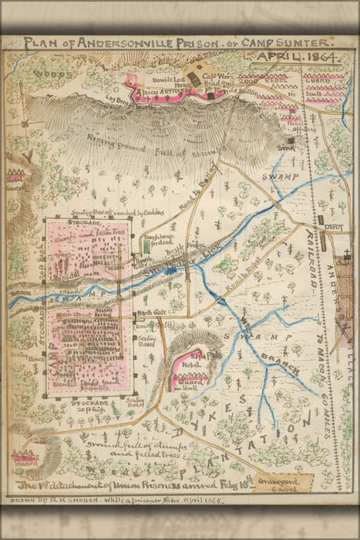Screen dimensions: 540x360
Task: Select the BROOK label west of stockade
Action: click(x=19, y=294)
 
